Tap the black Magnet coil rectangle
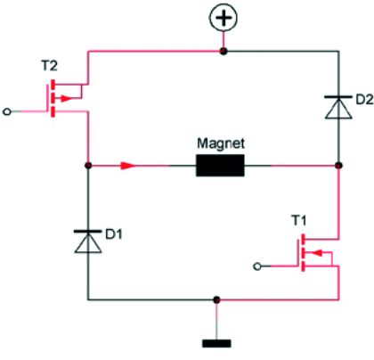(220, 166)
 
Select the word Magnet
(220, 143)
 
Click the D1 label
(114, 235)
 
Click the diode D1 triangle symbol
(88, 241)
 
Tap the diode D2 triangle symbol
(339, 108)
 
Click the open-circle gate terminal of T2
(9, 112)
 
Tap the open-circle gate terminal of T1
(258, 266)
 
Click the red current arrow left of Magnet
(129, 166)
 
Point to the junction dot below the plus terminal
(223, 52)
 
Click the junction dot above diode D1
(88, 166)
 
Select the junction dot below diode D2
(339, 166)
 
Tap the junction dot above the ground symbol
(214, 299)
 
